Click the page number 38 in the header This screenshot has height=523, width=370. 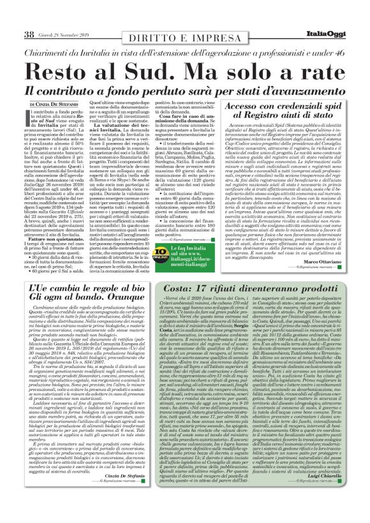pos(28,34)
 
